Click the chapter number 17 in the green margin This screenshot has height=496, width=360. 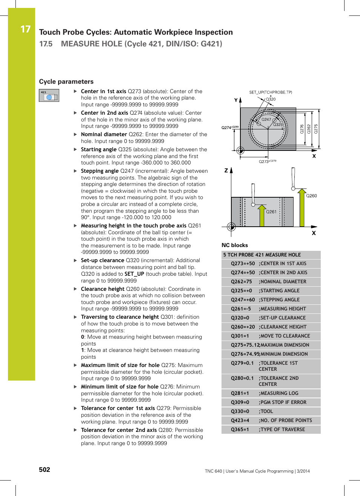tap(25, 29)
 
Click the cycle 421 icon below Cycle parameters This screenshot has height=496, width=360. tap(49, 95)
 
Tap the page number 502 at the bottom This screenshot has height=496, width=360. tap(45, 469)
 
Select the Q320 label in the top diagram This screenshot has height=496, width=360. tap(271, 100)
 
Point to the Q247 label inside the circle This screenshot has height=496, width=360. tap(266, 119)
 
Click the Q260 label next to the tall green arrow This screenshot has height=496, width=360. tap(311, 196)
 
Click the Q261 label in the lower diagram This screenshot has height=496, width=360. tap(271, 212)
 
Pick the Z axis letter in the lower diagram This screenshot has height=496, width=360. tap(226, 170)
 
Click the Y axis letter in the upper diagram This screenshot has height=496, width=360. tap(236, 100)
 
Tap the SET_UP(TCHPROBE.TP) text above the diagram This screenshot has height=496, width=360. tap(271, 92)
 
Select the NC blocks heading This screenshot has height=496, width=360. tap(234, 245)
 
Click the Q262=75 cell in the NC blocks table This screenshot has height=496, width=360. tap(241, 282)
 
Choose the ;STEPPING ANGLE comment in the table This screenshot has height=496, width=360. tap(279, 300)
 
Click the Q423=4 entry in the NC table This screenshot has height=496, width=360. tap(240, 421)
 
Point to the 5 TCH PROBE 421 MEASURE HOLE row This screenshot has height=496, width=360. tap(262, 255)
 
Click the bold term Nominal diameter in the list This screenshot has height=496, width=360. tap(104, 134)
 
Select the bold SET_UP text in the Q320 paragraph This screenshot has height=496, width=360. tap(134, 274)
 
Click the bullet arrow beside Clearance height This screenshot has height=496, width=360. tap(75, 289)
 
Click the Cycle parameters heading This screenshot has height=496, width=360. tap(66, 81)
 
